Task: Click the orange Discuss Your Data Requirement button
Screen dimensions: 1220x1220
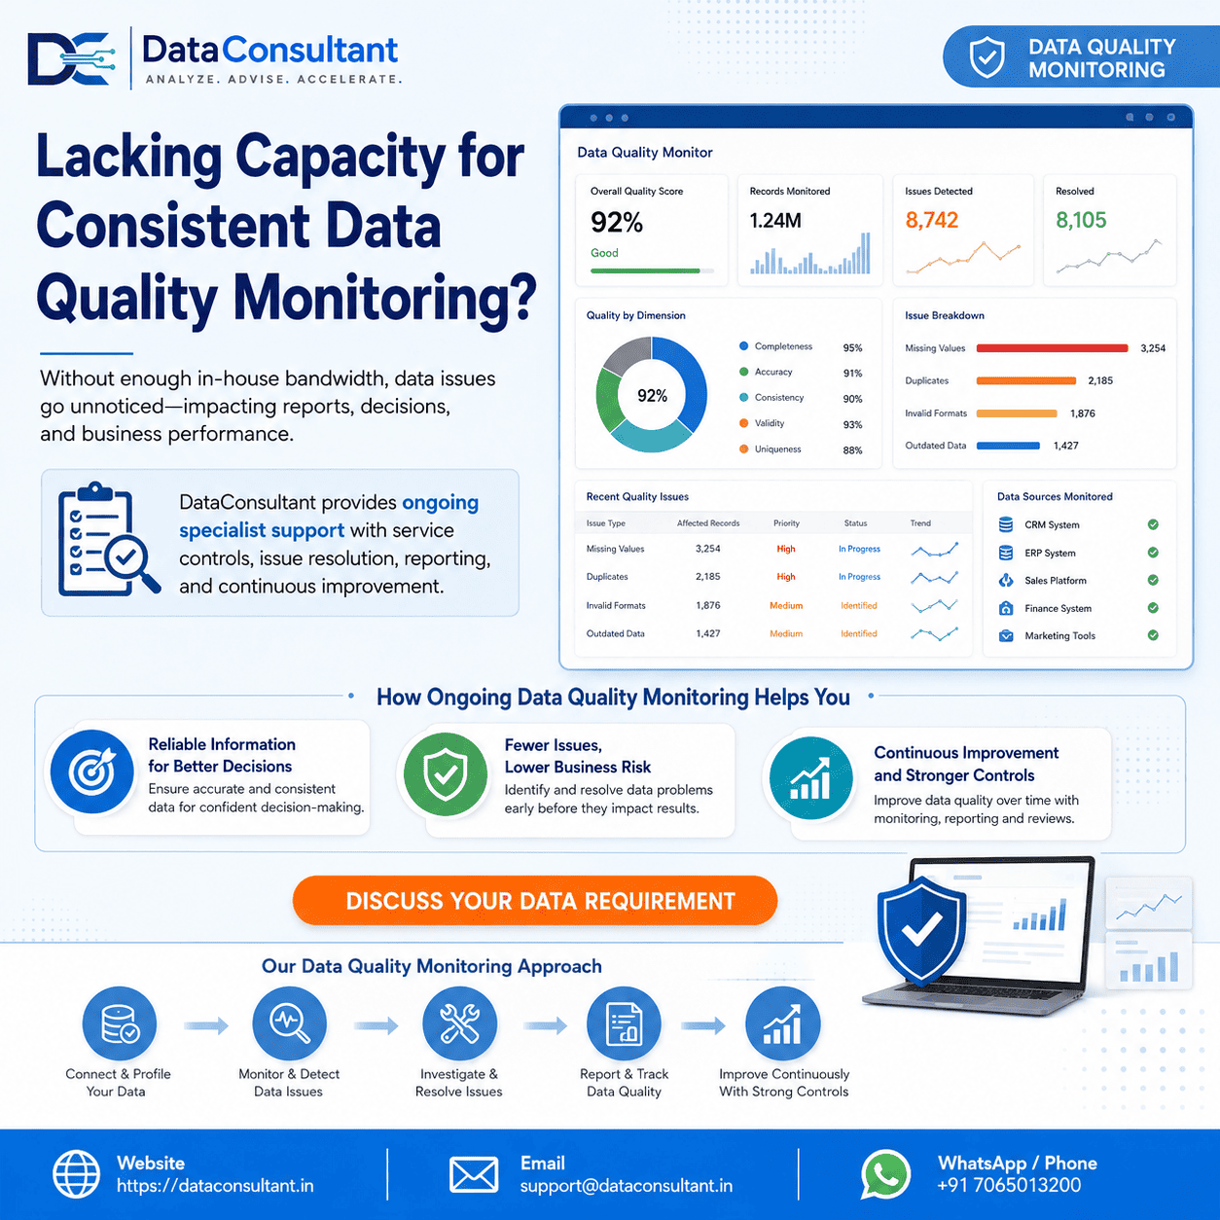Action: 534,900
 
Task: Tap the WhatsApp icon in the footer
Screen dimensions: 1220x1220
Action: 885,1174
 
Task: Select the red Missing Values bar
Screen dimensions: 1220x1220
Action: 1052,347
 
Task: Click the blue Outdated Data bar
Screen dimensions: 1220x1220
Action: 1008,446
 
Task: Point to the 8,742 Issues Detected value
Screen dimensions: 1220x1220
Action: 931,220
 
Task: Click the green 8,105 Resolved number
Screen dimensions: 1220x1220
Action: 1081,220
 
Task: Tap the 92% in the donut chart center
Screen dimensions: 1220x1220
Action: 652,396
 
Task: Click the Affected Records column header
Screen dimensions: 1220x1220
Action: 708,523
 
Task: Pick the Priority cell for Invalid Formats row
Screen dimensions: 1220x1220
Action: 786,605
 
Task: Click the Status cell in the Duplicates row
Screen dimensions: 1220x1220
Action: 859,576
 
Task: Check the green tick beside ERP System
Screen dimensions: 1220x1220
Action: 1153,552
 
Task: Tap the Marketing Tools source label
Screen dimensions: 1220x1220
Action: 1059,635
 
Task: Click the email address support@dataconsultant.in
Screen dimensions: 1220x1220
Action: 627,1185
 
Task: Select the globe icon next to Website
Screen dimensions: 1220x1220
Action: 76,1174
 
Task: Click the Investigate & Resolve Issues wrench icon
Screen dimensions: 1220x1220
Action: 459,1023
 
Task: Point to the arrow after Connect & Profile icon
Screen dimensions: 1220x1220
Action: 205,1025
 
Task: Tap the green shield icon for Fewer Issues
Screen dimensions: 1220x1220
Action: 445,773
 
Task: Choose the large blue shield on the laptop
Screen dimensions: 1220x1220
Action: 921,931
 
